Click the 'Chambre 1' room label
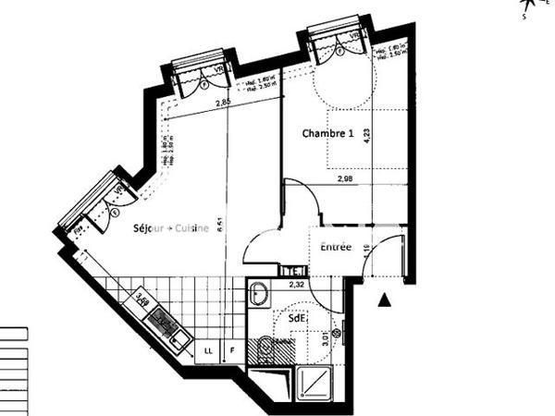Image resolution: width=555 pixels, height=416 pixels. [x=328, y=134]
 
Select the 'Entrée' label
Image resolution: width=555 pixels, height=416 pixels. [x=336, y=247]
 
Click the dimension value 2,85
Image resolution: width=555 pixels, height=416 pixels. [x=224, y=103]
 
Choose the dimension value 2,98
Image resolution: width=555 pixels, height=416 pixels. [x=346, y=178]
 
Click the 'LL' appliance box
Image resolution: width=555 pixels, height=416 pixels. [x=208, y=352]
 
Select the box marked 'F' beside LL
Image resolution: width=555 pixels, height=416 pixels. [x=232, y=352]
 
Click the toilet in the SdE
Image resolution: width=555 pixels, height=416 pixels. [x=265, y=349]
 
